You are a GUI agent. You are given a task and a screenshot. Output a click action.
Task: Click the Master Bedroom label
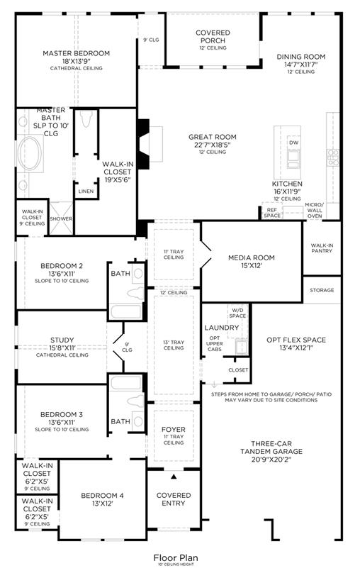point(77,53)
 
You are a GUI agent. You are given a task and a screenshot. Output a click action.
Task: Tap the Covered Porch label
point(213,36)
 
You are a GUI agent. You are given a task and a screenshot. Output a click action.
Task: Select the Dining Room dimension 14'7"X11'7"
point(300,65)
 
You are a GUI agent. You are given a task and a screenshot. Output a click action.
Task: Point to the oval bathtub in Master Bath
point(30,153)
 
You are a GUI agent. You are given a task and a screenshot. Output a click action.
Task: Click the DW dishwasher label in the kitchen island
point(293,143)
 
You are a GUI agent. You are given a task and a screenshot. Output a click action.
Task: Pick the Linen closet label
point(86,191)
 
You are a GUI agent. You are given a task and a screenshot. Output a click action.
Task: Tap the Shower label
point(61,218)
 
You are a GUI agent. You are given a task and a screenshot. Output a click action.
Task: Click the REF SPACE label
point(272,213)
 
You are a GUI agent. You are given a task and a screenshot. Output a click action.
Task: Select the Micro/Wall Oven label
point(315,210)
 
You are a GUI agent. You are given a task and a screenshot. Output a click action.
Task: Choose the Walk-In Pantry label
point(322,248)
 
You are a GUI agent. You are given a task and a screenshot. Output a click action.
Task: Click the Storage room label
point(322,290)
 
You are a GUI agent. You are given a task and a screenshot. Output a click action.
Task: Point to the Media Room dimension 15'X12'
point(252,265)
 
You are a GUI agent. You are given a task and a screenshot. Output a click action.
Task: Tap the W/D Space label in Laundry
point(237,313)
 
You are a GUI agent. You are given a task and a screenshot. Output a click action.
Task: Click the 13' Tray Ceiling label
point(174,345)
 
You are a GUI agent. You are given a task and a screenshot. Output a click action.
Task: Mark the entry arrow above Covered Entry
point(174,477)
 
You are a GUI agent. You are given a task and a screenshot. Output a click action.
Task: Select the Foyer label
point(174,430)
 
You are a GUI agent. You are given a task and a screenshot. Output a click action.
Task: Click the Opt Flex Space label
point(296,340)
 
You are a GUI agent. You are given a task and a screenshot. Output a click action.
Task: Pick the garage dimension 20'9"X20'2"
point(271,459)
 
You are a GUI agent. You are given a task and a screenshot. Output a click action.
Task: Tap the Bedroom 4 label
point(103,496)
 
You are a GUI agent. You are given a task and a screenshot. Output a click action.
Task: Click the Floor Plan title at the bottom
point(176,558)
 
